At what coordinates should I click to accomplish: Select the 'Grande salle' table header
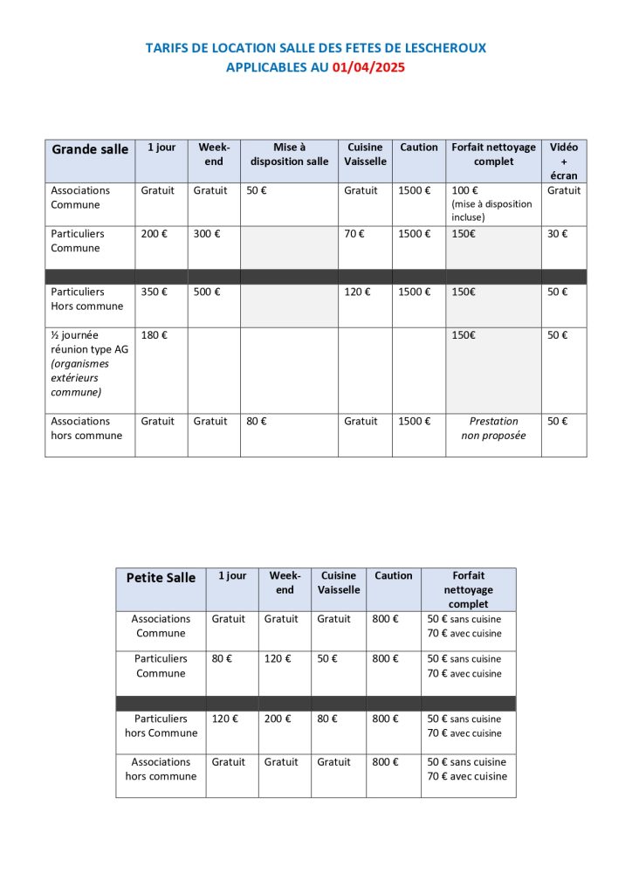pos(90,149)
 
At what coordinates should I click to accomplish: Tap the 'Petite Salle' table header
pos(161,577)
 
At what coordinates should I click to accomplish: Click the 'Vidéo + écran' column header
pos(563,162)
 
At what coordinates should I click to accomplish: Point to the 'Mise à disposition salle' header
pos(289,155)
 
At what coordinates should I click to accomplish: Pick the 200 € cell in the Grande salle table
pos(154,234)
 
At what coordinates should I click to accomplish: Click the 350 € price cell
pos(154,292)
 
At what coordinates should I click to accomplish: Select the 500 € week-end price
pos(207,292)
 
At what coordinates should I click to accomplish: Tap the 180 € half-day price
pos(154,335)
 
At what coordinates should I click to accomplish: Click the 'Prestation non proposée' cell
pos(493,428)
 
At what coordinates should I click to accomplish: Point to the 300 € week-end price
pos(207,234)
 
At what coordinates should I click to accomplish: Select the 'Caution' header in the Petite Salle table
pos(393,576)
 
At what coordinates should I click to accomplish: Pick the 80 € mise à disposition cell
pos(257,421)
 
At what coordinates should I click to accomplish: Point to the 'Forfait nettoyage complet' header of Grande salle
pos(493,155)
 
